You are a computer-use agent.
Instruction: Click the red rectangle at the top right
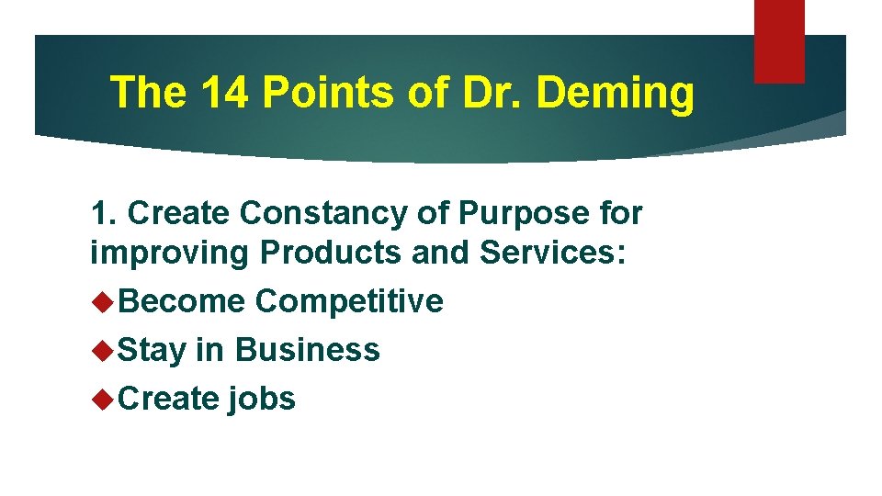pyautogui.click(x=779, y=40)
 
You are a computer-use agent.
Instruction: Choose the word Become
pyautogui.click(x=182, y=300)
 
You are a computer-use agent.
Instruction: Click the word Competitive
pyautogui.click(x=349, y=301)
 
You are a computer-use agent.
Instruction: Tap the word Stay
pyautogui.click(x=152, y=350)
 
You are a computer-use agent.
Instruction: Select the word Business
pyautogui.click(x=308, y=350)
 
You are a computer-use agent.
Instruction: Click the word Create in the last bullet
pyautogui.click(x=169, y=399)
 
